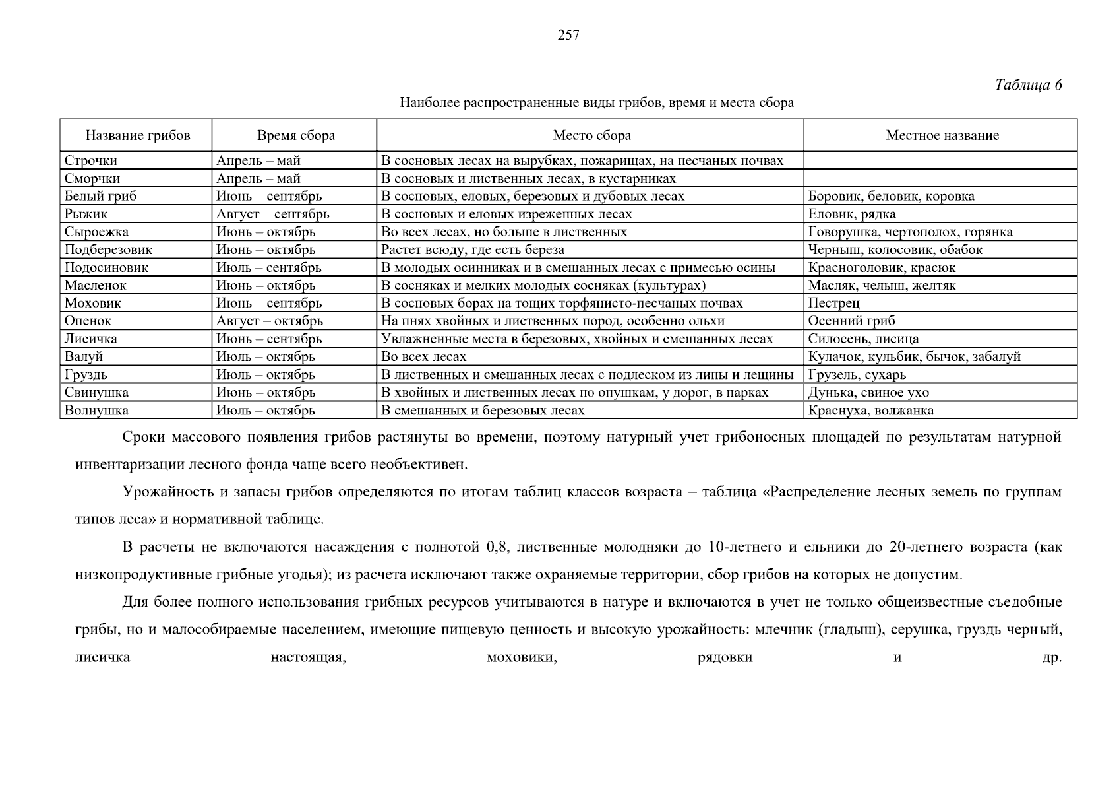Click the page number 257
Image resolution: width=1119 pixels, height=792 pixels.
(x=568, y=36)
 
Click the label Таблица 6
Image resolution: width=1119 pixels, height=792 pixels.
(x=1028, y=85)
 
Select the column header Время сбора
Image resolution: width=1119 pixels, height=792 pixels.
(x=296, y=136)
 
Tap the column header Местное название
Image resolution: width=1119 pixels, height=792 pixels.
(x=942, y=136)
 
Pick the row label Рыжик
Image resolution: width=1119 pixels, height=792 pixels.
(x=86, y=214)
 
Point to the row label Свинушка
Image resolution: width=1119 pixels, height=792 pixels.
(x=96, y=392)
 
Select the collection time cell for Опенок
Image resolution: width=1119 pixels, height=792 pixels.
(x=270, y=321)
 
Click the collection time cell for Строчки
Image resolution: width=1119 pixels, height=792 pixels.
(x=258, y=160)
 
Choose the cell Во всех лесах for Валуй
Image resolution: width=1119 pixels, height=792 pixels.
(x=424, y=356)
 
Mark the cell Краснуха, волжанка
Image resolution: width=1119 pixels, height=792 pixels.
(x=870, y=410)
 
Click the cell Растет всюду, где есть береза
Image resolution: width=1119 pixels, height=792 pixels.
(x=473, y=249)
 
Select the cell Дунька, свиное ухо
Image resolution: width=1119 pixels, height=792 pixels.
(x=868, y=392)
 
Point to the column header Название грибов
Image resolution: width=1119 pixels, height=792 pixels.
(x=137, y=136)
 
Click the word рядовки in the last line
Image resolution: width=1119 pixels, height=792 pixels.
(x=725, y=657)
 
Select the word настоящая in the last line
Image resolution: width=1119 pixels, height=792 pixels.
(x=309, y=657)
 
